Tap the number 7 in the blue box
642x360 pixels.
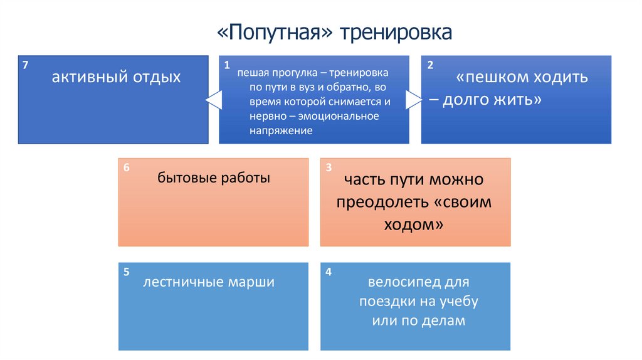click(x=24, y=65)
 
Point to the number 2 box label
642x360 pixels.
click(x=429, y=65)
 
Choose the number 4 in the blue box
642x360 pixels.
click(x=329, y=272)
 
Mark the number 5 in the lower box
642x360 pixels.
click(x=127, y=272)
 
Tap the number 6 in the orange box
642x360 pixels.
click(x=127, y=167)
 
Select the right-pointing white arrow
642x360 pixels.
click(x=414, y=99)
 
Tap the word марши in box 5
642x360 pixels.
click(x=253, y=282)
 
